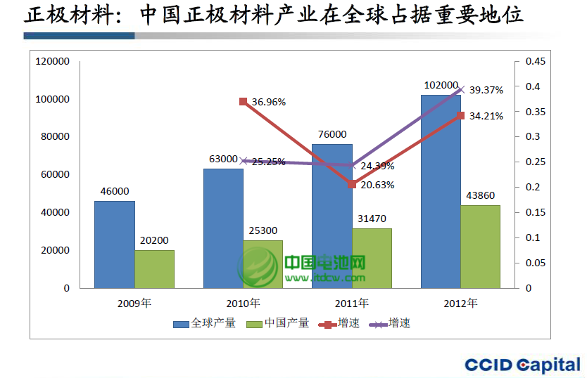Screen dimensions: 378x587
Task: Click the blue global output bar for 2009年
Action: [114, 245]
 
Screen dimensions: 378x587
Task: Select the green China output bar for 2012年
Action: [480, 247]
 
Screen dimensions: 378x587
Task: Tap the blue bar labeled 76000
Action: [332, 216]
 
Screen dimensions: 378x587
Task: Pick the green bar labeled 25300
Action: [263, 264]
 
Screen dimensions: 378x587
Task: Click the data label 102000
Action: [441, 85]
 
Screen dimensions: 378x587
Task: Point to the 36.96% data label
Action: [268, 102]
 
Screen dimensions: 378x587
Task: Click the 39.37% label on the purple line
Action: [486, 90]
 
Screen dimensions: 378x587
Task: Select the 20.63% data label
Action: [377, 185]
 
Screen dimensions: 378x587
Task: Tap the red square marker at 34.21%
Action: [461, 115]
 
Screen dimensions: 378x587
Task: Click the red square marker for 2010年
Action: [243, 102]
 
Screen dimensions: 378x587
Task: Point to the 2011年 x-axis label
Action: [353, 304]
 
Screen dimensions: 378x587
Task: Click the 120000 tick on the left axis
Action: [53, 62]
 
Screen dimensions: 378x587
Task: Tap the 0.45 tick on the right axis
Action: [536, 62]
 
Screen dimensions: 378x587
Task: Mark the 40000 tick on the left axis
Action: [56, 212]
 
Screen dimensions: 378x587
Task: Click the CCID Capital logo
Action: [522, 364]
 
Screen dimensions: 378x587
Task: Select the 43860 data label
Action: [480, 195]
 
